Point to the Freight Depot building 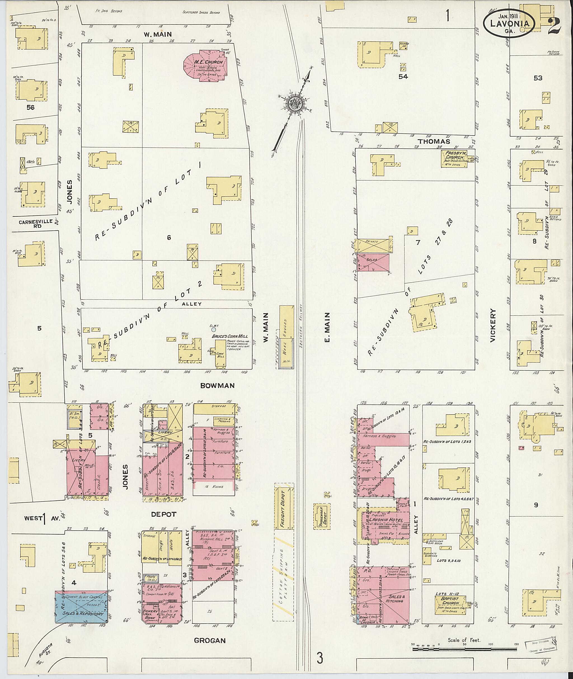click(x=284, y=506)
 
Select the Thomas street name click(x=434, y=141)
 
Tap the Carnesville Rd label click(x=35, y=224)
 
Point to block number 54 click(x=403, y=77)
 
